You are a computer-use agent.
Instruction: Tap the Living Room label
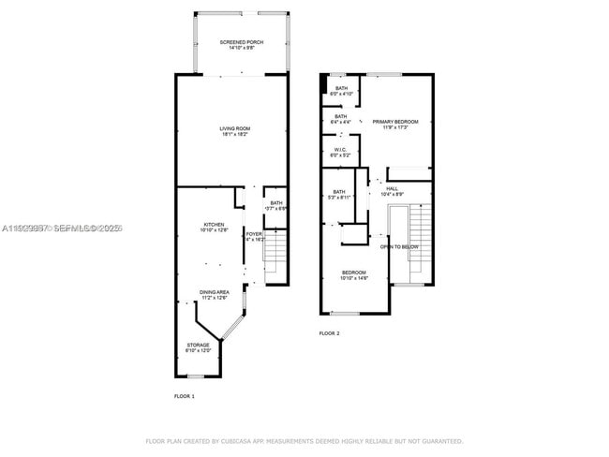pyautogui.click(x=235, y=131)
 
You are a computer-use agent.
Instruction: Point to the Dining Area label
pyautogui.click(x=215, y=294)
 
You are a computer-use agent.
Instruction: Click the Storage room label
pyautogui.click(x=198, y=347)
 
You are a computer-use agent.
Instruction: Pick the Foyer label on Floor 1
pyautogui.click(x=254, y=237)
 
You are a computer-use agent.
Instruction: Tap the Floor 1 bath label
pyautogui.click(x=276, y=205)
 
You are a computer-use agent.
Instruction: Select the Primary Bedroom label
pyautogui.click(x=394, y=124)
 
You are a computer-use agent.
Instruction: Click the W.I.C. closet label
pyautogui.click(x=341, y=153)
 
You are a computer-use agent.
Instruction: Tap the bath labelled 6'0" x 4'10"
pyautogui.click(x=341, y=91)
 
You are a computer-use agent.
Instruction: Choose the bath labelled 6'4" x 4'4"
pyautogui.click(x=341, y=119)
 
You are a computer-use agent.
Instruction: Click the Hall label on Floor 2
pyautogui.click(x=392, y=191)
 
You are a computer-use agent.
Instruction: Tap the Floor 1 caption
pyautogui.click(x=185, y=397)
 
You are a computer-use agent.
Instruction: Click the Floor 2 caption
pyautogui.click(x=329, y=333)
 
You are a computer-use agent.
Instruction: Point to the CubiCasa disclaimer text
pyautogui.click(x=304, y=440)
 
